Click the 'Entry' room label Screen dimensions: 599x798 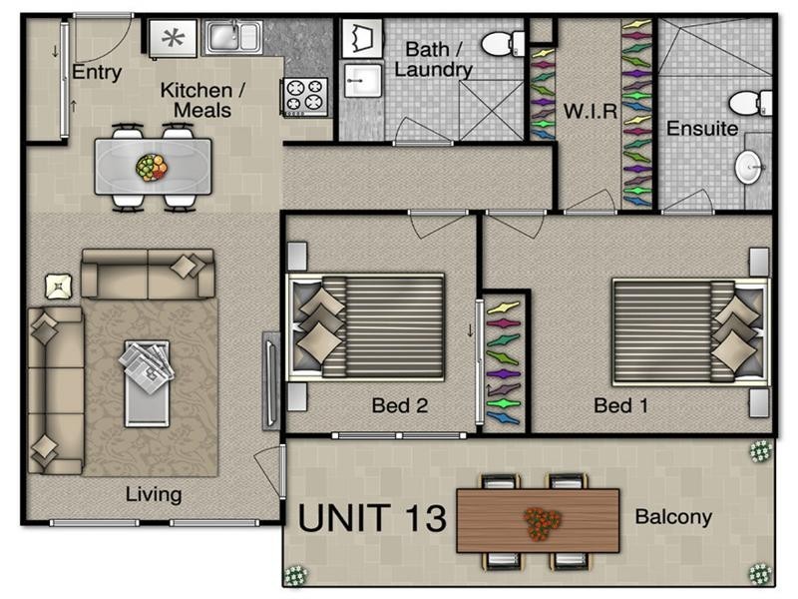point(97,72)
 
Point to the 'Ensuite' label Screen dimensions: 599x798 point(702,129)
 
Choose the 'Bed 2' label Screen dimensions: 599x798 point(399,405)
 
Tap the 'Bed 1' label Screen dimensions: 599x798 point(620,405)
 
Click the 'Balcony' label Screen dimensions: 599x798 point(673,517)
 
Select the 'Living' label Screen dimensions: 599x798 point(154,494)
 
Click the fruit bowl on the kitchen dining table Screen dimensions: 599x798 point(152,166)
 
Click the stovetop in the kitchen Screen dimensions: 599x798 point(304,96)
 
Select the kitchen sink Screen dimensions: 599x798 point(233,38)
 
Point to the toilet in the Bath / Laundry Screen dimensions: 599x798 point(504,43)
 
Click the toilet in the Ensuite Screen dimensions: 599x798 point(750,103)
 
